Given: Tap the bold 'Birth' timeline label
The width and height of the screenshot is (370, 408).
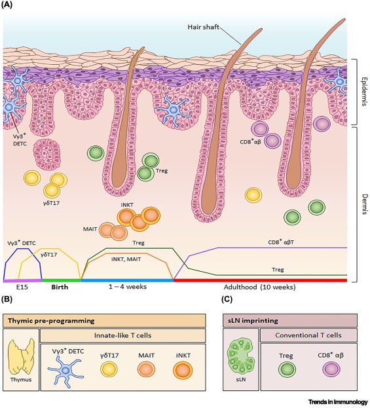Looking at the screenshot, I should tap(64, 287).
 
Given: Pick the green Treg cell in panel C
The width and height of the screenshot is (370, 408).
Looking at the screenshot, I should tap(285, 371).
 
